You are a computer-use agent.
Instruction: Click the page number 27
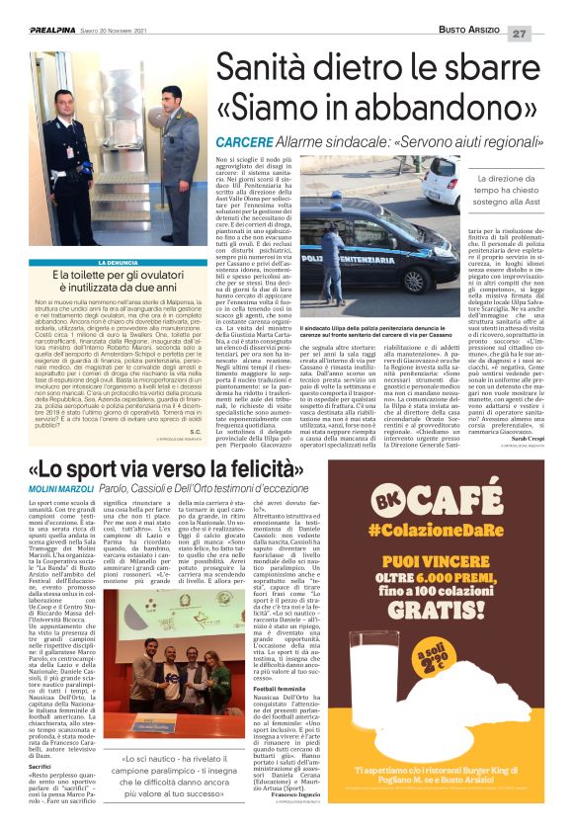546,33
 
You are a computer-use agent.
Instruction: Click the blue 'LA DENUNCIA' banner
115,261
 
